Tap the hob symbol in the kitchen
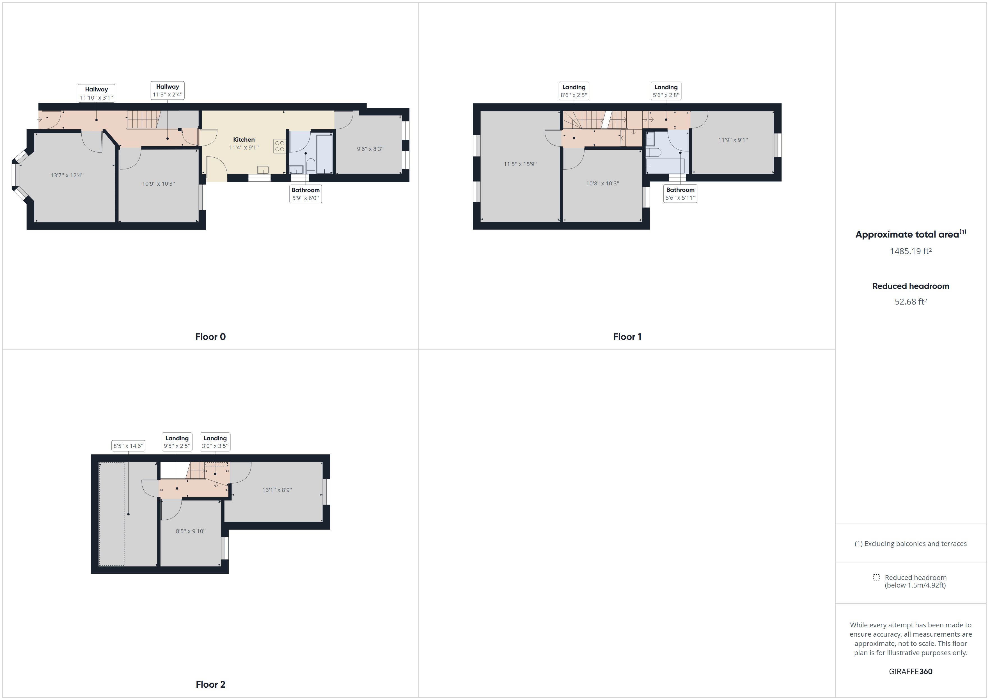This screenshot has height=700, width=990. click(279, 146)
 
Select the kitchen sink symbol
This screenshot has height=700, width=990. click(263, 170)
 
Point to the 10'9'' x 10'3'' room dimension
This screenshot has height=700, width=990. click(158, 184)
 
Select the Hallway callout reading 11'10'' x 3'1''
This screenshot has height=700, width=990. click(96, 93)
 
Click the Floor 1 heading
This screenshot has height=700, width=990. click(627, 337)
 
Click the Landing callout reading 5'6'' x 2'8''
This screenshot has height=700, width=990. click(666, 91)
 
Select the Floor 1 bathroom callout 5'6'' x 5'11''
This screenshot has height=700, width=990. click(680, 194)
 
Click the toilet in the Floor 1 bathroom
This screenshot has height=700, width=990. click(654, 153)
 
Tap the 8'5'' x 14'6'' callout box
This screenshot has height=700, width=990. click(128, 446)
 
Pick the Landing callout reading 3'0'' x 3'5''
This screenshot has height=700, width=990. click(215, 442)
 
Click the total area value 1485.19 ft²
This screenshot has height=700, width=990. click(910, 251)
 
